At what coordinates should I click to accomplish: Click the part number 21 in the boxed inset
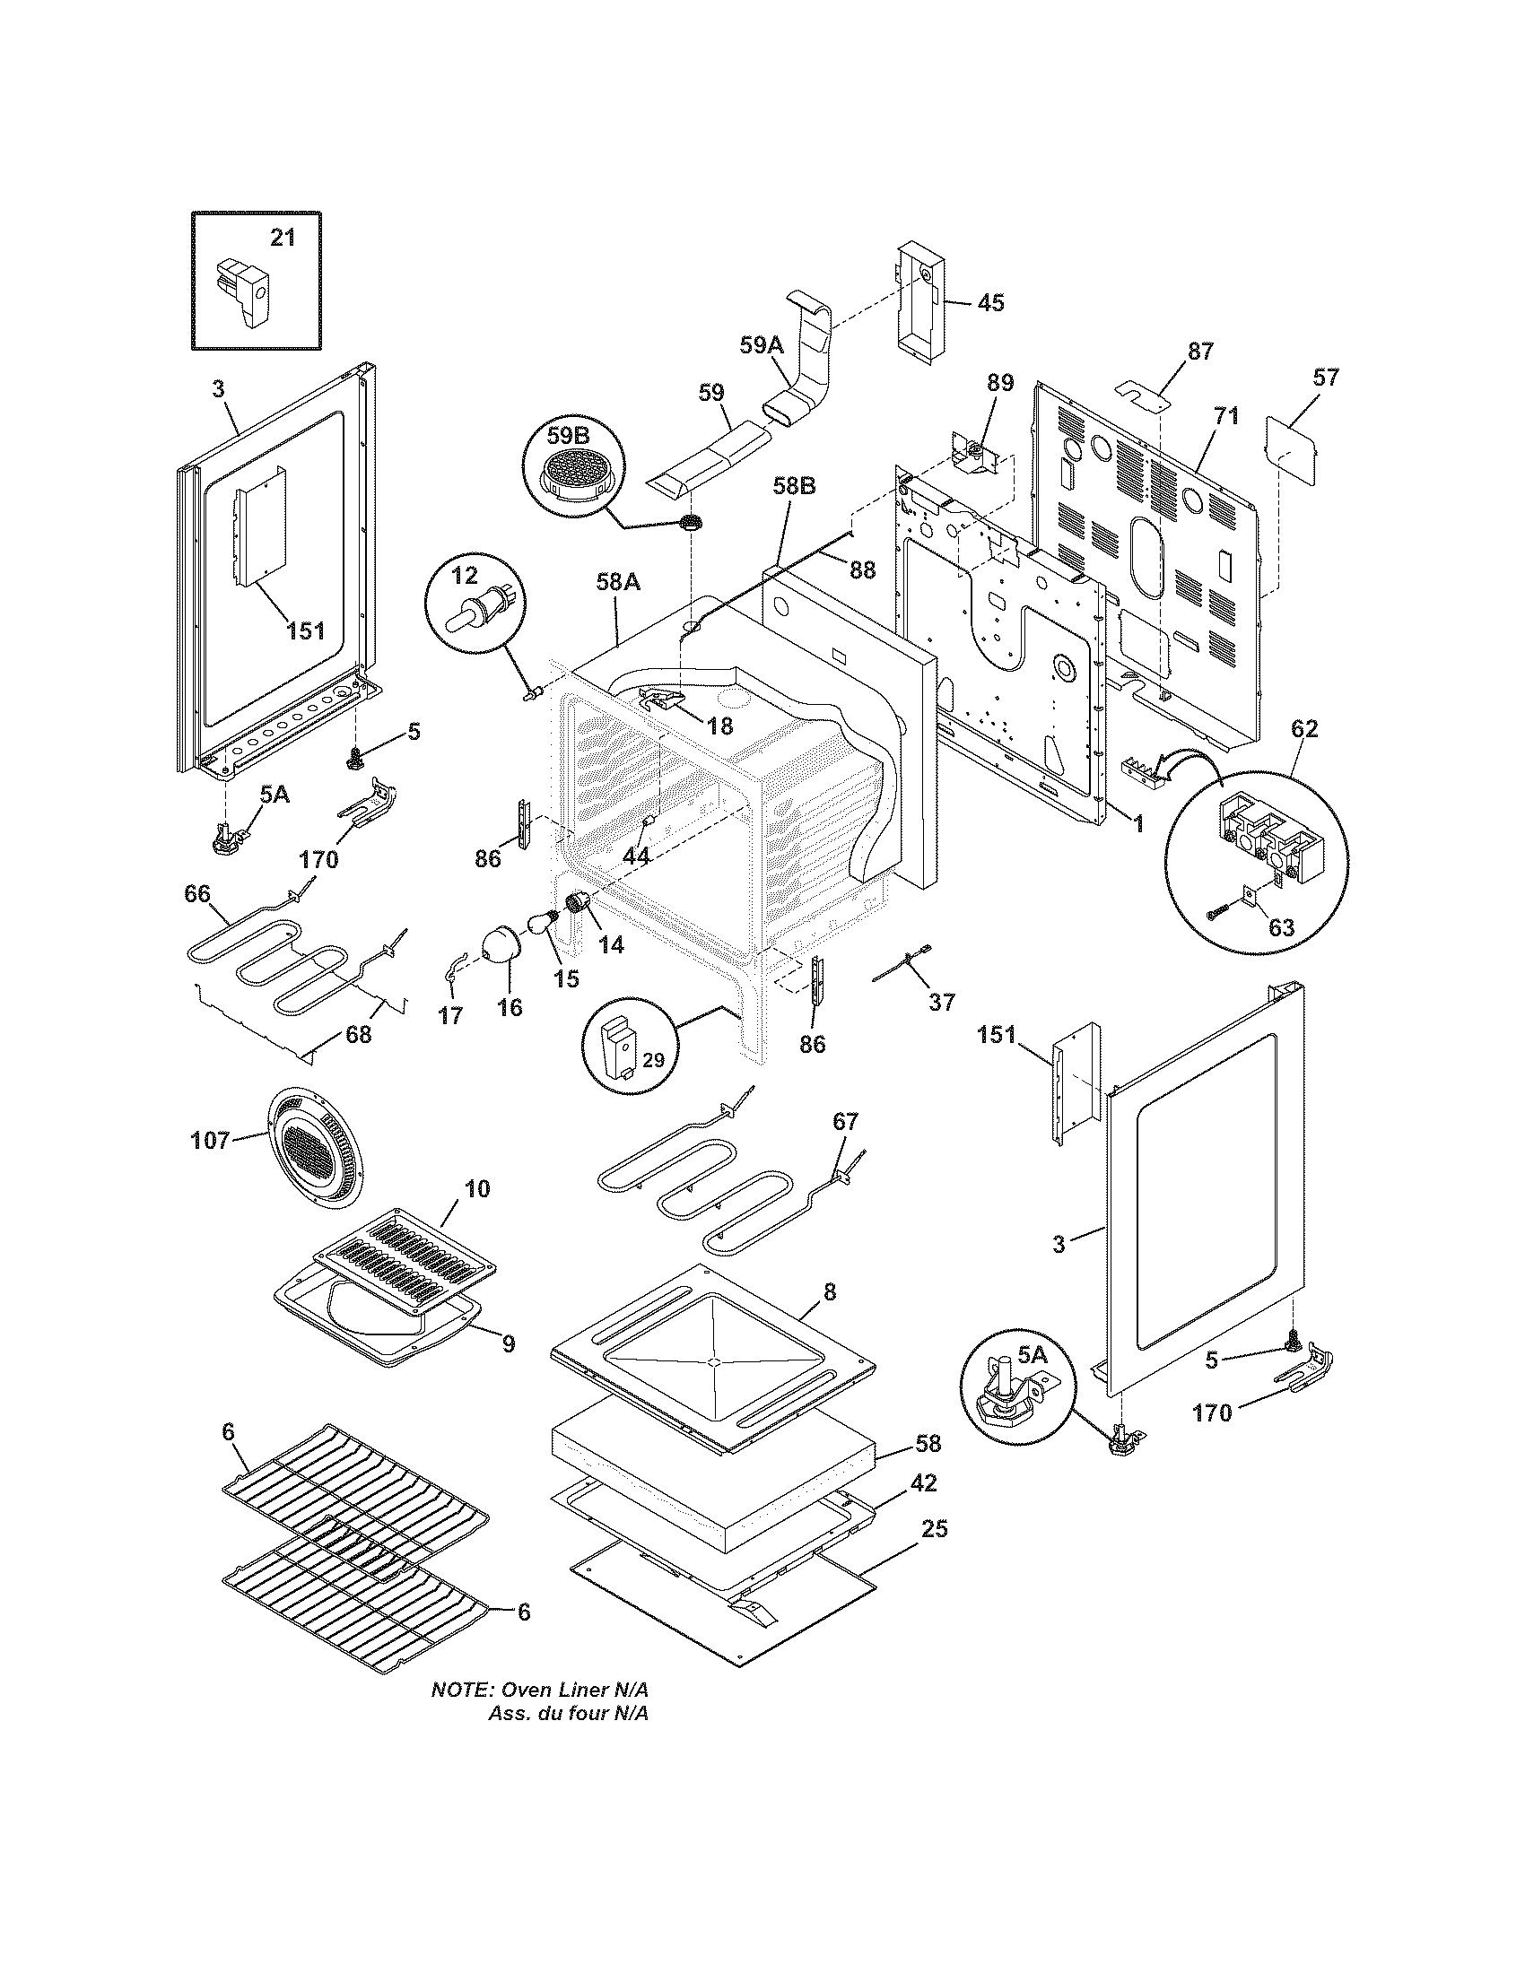pyautogui.click(x=283, y=238)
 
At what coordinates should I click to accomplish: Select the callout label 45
pyautogui.click(x=990, y=302)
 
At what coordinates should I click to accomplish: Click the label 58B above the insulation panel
pyautogui.click(x=794, y=487)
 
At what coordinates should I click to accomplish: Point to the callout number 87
pyautogui.click(x=1199, y=352)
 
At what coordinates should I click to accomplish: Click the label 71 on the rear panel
pyautogui.click(x=1226, y=416)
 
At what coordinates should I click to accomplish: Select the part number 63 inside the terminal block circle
pyautogui.click(x=1281, y=927)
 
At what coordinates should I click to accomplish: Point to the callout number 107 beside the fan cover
pyautogui.click(x=210, y=1141)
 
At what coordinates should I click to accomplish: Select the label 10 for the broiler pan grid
pyautogui.click(x=477, y=1189)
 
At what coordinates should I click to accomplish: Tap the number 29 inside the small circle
pyautogui.click(x=652, y=1060)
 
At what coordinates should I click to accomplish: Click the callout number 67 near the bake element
pyautogui.click(x=845, y=1121)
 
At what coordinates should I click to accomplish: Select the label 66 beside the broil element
pyautogui.click(x=197, y=894)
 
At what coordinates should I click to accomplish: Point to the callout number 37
pyautogui.click(x=941, y=1002)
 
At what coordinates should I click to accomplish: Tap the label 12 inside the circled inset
pyautogui.click(x=464, y=575)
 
